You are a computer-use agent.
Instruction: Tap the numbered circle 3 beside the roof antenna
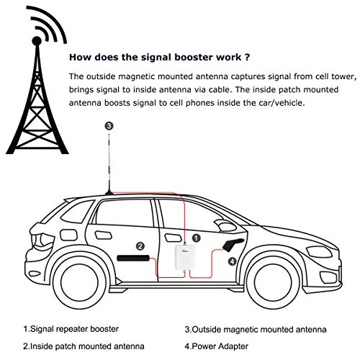(109, 125)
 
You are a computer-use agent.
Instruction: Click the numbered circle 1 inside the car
(196, 235)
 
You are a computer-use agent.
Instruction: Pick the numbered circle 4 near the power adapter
(231, 262)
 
